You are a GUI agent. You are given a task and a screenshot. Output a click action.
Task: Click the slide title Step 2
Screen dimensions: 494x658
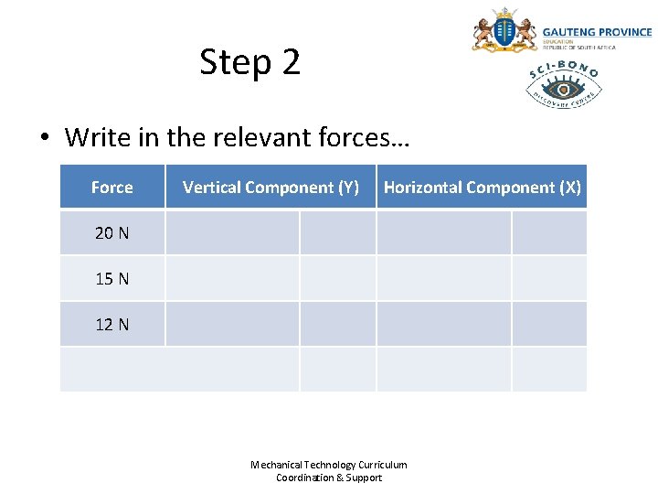click(249, 62)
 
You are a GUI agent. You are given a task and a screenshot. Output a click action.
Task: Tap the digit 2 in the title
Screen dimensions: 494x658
click(291, 62)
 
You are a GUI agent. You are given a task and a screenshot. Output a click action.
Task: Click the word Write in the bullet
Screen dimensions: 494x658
click(98, 138)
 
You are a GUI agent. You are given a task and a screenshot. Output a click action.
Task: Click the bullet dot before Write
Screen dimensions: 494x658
click(44, 139)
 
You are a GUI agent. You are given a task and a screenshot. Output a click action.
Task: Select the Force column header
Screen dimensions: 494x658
click(111, 188)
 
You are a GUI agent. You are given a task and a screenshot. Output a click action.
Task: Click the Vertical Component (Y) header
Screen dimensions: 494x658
click(271, 188)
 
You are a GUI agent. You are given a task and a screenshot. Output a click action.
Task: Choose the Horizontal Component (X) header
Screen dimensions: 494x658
click(482, 188)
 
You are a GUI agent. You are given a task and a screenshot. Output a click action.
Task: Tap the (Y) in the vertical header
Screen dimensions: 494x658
click(348, 188)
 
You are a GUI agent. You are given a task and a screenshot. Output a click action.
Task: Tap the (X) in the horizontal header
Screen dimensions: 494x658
click(569, 188)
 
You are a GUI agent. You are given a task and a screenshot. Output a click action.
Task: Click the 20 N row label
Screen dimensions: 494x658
click(111, 233)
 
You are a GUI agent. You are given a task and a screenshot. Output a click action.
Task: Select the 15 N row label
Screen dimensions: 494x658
click(111, 279)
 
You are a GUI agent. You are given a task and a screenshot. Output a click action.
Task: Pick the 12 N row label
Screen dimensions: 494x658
click(111, 325)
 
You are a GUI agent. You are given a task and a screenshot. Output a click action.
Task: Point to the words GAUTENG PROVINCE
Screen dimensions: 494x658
click(597, 32)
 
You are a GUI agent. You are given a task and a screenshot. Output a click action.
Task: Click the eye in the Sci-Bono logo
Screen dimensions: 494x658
click(564, 89)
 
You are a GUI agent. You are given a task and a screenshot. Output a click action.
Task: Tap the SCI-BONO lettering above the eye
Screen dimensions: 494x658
click(564, 68)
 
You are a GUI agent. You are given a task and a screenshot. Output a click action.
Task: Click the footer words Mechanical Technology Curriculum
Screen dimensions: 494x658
click(329, 465)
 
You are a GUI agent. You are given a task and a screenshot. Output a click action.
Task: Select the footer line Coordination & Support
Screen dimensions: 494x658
click(329, 478)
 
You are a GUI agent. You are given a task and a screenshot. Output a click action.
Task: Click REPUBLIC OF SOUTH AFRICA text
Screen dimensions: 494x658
click(579, 48)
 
